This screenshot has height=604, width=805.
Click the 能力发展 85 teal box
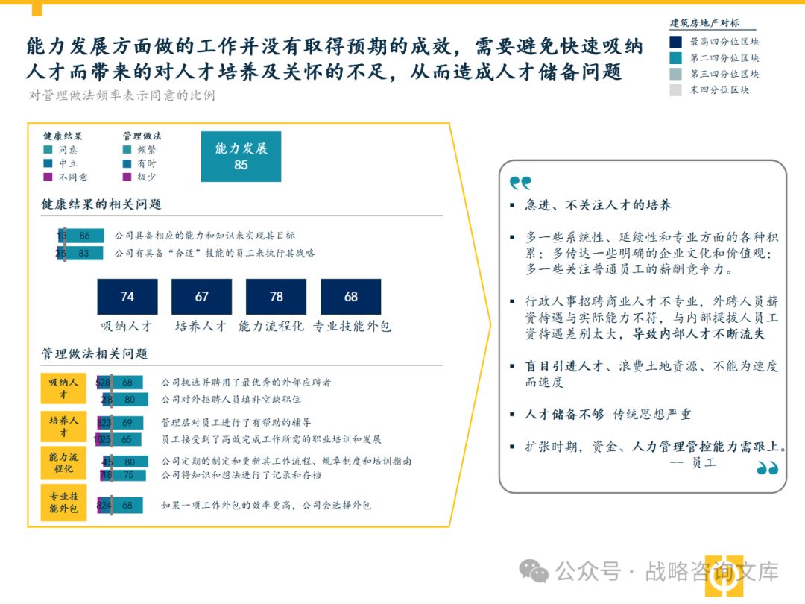241,157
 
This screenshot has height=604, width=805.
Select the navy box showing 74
127,296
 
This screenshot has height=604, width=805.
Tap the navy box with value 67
201,296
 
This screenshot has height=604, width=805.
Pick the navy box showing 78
276,296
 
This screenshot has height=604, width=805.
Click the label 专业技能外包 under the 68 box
352,327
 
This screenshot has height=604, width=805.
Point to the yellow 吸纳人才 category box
63,388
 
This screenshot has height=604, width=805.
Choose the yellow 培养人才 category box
63,426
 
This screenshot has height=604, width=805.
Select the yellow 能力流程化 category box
63,462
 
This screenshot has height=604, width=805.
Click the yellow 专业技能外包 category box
63,502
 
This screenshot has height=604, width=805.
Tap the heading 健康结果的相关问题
101,204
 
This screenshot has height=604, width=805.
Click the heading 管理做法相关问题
95,353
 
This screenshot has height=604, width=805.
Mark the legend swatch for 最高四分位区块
676,43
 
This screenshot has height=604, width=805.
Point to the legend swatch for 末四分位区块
676,90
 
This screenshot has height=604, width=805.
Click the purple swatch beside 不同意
48,177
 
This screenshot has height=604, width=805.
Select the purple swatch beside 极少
127,177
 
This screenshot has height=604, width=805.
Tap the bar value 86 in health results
84,236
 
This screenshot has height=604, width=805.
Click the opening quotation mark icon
520,183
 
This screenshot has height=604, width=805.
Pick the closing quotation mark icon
767,468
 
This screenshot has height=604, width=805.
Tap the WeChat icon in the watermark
534,571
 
